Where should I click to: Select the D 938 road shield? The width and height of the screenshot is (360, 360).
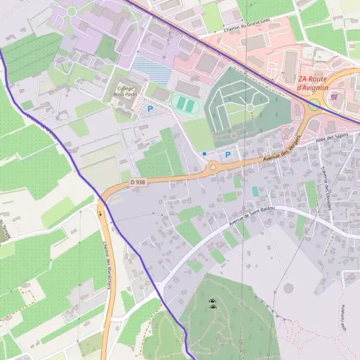point(137,182)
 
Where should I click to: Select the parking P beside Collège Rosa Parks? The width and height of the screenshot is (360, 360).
point(150,109)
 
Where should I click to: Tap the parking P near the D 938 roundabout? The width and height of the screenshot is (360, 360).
point(228,155)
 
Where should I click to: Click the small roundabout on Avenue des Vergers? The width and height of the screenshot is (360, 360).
point(212,167)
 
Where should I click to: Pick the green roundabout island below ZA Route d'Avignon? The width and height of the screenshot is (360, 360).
point(314,105)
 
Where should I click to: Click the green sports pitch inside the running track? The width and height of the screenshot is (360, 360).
point(185,106)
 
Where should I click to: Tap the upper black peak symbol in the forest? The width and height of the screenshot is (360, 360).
point(212,301)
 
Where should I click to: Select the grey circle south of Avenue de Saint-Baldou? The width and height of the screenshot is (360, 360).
point(288,288)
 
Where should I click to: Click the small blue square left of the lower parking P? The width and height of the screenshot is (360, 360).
point(205,154)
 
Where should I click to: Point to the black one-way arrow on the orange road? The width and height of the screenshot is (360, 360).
point(100,212)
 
